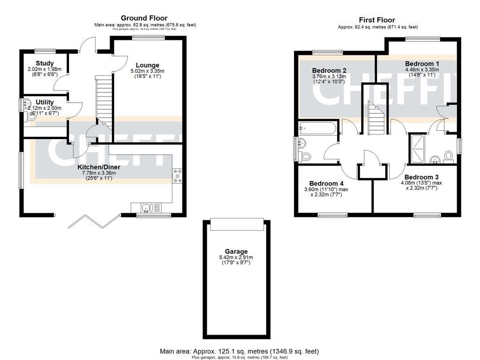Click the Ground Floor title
click(144, 18)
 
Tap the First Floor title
click(377, 20)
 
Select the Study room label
click(45, 63)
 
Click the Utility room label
click(45, 102)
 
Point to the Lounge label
click(148, 65)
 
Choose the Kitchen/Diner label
click(98, 167)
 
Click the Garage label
click(236, 252)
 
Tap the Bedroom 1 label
click(422, 64)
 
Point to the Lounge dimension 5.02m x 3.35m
click(148, 71)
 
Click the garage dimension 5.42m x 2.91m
click(236, 257)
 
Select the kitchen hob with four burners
click(178, 175)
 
